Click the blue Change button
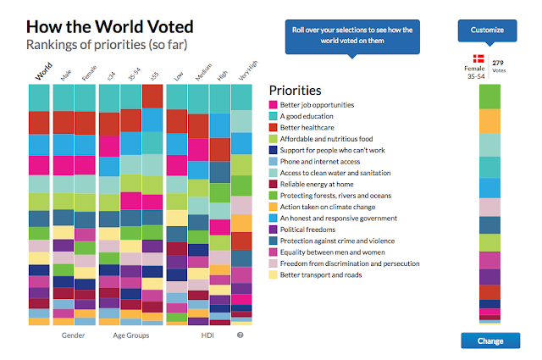[490, 341]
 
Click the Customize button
[486, 31]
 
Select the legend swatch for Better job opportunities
[274, 105]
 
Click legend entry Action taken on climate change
[327, 207]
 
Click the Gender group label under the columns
[74, 335]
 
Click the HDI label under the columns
[207, 335]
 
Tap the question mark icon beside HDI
[241, 335]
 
